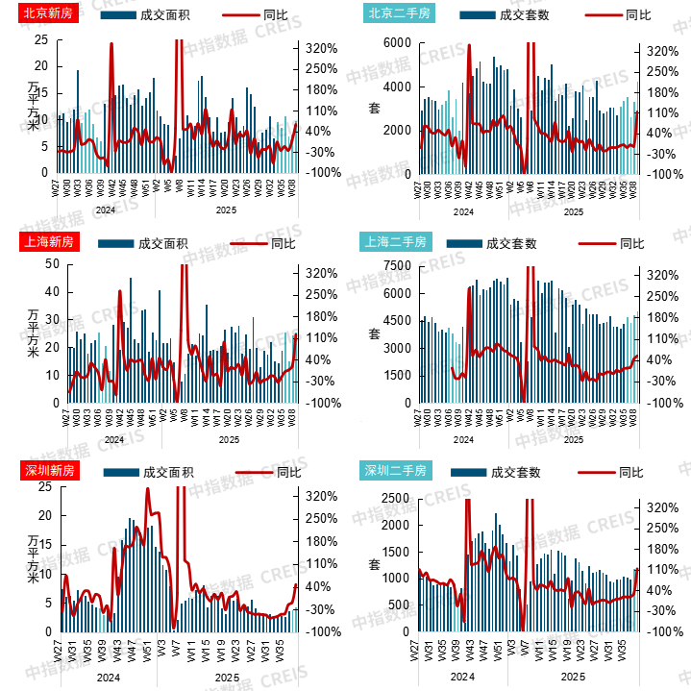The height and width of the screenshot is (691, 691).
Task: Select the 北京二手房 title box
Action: [x=398, y=14]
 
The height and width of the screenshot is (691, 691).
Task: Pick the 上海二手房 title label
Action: [x=391, y=241]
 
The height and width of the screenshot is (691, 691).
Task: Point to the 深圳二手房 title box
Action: [x=394, y=471]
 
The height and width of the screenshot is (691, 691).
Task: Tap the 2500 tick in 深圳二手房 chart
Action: [x=397, y=498]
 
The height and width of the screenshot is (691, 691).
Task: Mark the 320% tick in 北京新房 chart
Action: [x=320, y=49]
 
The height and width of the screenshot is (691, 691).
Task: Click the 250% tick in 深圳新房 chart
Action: [x=320, y=519]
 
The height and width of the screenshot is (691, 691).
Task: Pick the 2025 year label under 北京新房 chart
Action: [x=227, y=210]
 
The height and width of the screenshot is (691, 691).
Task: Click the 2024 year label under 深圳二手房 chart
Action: [x=463, y=677]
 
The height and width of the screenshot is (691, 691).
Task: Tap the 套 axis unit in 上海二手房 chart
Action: [x=375, y=333]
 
